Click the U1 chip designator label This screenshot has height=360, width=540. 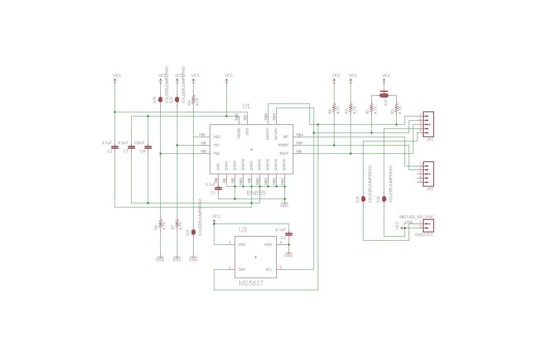[x=246, y=106]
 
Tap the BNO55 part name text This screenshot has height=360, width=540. [x=256, y=193]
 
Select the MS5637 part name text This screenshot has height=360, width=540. [x=251, y=283]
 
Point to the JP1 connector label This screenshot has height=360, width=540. [x=430, y=140]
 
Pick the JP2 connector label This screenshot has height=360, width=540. [x=430, y=189]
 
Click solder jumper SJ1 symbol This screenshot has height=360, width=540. [x=384, y=95]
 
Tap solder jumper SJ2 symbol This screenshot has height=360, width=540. [x=194, y=232]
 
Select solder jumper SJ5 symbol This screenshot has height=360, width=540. [x=363, y=199]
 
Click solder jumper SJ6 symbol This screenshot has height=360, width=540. [x=384, y=199]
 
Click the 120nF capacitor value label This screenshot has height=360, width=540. [x=139, y=143]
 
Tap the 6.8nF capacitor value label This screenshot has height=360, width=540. [x=123, y=143]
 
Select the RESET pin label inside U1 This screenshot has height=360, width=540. [x=283, y=145]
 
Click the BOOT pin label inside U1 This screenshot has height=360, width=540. [x=284, y=153]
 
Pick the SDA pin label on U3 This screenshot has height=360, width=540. [x=241, y=269]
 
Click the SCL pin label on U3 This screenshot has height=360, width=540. [x=269, y=269]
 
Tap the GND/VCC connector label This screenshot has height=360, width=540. [x=424, y=235]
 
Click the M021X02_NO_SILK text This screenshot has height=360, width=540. [x=416, y=217]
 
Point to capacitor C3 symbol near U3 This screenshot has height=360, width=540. [x=290, y=234]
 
